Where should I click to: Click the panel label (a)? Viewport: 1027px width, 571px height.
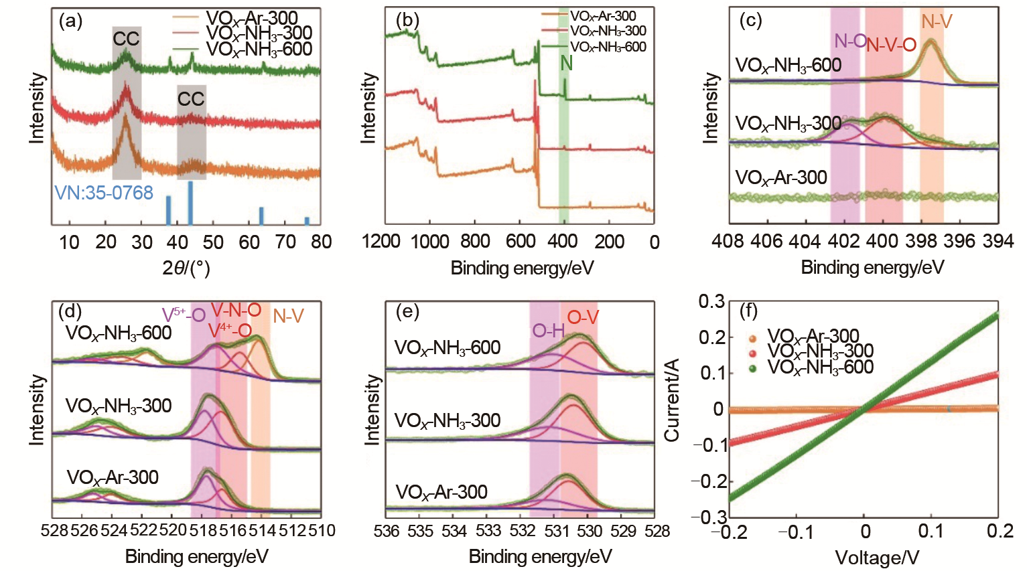(70, 21)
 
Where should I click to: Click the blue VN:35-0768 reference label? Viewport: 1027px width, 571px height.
(104, 193)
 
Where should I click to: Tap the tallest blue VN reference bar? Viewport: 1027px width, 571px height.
(190, 203)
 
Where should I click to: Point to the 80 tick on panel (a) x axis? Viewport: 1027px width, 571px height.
(322, 242)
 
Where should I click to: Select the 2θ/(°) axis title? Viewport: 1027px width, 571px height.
(186, 268)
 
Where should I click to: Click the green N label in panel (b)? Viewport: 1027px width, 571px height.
(566, 63)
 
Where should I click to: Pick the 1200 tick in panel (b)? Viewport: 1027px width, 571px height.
(381, 242)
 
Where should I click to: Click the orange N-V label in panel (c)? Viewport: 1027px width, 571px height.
(936, 22)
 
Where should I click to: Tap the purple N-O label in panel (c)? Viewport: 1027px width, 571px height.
(849, 42)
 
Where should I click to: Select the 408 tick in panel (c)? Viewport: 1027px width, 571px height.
(729, 241)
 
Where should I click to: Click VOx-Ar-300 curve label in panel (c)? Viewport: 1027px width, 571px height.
(781, 177)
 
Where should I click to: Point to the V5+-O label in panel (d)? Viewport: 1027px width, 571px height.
(183, 315)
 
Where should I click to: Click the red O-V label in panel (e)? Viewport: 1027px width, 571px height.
(583, 317)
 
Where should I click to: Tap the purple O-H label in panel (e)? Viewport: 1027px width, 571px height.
(549, 330)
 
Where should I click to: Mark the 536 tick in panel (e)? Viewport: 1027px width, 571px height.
(387, 532)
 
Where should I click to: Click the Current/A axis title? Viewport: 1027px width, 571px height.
(672, 400)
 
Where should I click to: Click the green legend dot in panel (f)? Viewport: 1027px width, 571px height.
(752, 368)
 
